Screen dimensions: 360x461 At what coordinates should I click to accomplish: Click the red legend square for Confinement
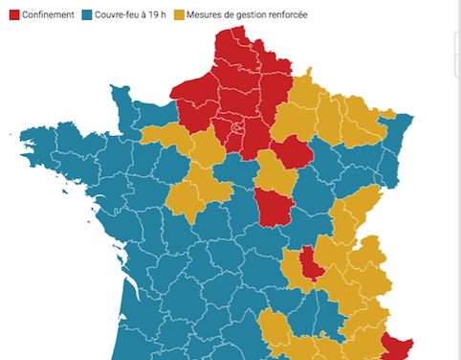click(13, 15)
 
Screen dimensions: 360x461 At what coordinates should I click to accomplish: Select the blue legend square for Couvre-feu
click(87, 15)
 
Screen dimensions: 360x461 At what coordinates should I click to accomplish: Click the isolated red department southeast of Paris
click(295, 152)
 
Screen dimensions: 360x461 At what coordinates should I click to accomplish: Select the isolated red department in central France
click(274, 206)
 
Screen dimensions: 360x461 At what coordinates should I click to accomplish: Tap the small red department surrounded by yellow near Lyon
click(312, 262)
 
